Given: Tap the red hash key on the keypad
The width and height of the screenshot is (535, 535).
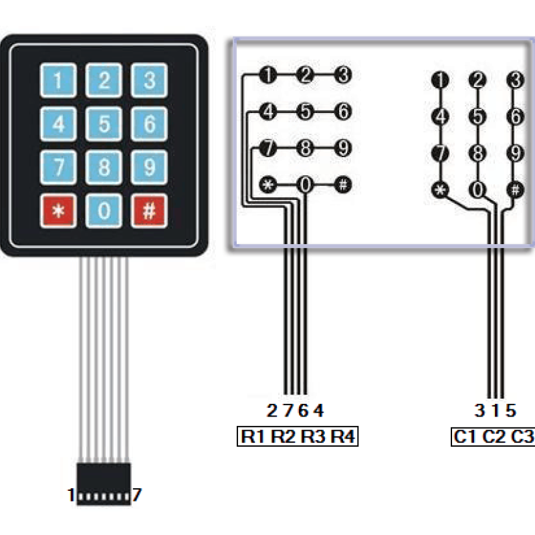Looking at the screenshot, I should [149, 211].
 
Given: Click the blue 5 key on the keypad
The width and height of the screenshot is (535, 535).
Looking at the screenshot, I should [104, 124].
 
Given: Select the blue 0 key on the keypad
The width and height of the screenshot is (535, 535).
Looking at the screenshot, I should [104, 211].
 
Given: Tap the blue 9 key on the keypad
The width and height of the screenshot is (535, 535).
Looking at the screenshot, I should [149, 167].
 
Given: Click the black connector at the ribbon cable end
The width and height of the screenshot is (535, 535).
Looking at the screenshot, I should [104, 478].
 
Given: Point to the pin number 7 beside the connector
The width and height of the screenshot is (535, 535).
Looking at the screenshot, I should [136, 496].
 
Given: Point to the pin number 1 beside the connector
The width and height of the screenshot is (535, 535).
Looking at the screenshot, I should [71, 496].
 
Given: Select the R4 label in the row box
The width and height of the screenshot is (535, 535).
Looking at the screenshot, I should [344, 437].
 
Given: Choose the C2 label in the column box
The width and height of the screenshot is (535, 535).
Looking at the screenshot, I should [494, 437].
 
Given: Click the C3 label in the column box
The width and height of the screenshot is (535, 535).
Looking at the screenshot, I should [522, 437].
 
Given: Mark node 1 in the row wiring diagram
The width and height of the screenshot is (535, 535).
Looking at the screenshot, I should [269, 75].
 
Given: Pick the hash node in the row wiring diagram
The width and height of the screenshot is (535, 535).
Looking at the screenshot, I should [343, 185].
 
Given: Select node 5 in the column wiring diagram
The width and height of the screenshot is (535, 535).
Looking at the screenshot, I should [477, 116].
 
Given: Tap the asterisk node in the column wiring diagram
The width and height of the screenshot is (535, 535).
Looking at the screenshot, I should [440, 189].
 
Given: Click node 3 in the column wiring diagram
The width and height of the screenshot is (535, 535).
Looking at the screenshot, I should [515, 80].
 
